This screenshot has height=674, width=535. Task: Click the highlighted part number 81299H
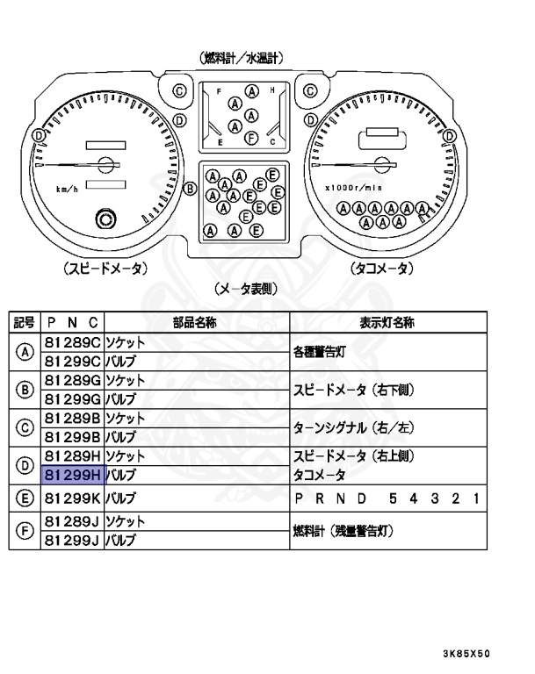point(73,476)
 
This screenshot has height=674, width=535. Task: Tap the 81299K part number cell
point(73,498)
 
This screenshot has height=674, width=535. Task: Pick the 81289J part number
point(73,520)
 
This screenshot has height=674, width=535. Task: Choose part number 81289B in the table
point(73,419)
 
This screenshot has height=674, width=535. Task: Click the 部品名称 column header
point(196,322)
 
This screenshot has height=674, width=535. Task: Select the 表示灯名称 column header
point(387,322)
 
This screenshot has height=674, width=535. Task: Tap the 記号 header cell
point(25,322)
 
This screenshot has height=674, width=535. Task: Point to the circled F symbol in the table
point(25,531)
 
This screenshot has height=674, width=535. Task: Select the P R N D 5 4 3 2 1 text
point(387,498)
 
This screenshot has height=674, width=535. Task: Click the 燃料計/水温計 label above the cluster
point(242,58)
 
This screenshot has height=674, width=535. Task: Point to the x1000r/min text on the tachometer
point(352,187)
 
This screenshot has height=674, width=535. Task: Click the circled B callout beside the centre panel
point(189,187)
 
